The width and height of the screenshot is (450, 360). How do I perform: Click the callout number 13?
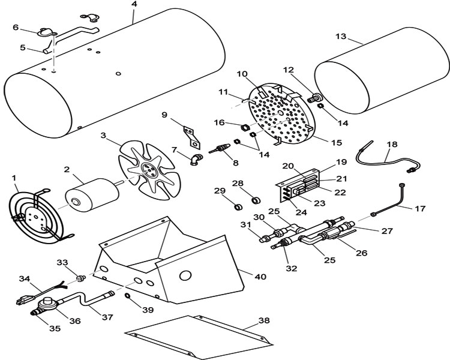tap(341, 37)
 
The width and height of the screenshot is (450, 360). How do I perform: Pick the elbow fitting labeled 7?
tap(196, 160)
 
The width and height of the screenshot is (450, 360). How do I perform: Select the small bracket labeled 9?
tap(191, 137)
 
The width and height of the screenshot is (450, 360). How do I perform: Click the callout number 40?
tap(260, 277)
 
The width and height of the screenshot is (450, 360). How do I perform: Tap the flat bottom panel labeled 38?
tap(199, 337)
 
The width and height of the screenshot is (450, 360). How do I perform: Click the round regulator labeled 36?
tap(47, 304)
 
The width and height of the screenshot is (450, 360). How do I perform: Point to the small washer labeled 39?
tap(127, 295)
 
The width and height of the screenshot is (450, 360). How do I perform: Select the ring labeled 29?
tap(238, 206)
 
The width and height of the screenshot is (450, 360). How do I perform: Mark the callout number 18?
tap(392, 144)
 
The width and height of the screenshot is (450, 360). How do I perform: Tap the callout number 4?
tap(134, 4)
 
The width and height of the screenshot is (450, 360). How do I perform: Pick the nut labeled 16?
tap(244, 127)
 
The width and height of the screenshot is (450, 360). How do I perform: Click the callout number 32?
tap(292, 268)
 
